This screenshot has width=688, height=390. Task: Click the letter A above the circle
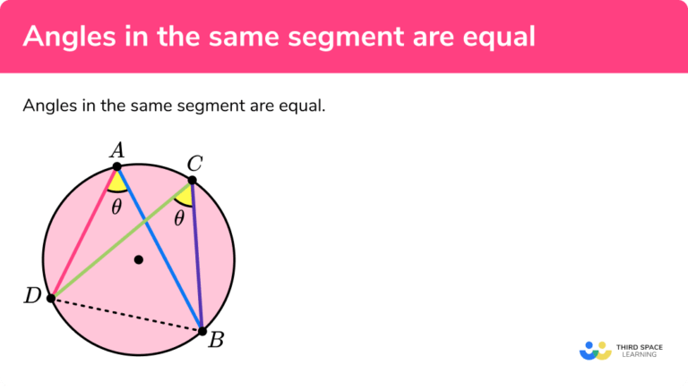point(116,150)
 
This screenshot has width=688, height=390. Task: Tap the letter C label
point(194,164)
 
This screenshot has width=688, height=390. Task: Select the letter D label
point(32,296)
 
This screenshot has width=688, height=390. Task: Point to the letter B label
point(215,339)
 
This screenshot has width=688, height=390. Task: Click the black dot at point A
point(117,166)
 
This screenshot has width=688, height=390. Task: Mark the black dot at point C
point(192,181)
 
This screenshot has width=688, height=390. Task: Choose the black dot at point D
point(51,298)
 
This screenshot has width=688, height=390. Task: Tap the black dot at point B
point(202,331)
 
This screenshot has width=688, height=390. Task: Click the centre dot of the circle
point(138,260)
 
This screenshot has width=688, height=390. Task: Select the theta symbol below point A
point(116,207)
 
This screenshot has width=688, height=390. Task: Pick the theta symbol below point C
point(179,217)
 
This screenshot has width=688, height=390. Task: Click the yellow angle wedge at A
point(117,182)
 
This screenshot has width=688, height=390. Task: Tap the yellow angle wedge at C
point(185,195)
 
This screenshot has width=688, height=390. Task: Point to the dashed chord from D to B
point(125,314)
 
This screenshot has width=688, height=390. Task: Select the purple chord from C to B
point(197,256)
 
